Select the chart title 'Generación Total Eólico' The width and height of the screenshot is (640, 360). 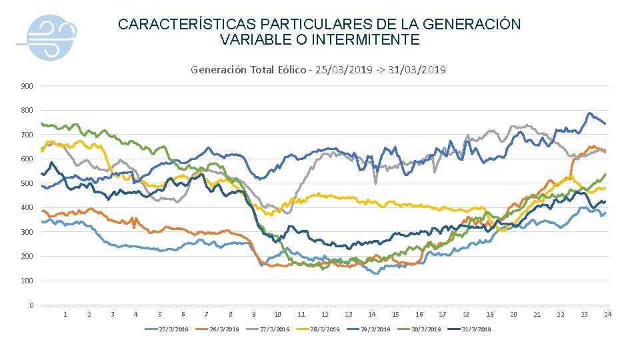(249, 69)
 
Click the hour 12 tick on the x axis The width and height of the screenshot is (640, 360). (325, 315)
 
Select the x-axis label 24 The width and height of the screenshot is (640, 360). (607, 315)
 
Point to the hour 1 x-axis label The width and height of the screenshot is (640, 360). (65, 315)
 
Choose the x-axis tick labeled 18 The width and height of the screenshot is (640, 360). (466, 315)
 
